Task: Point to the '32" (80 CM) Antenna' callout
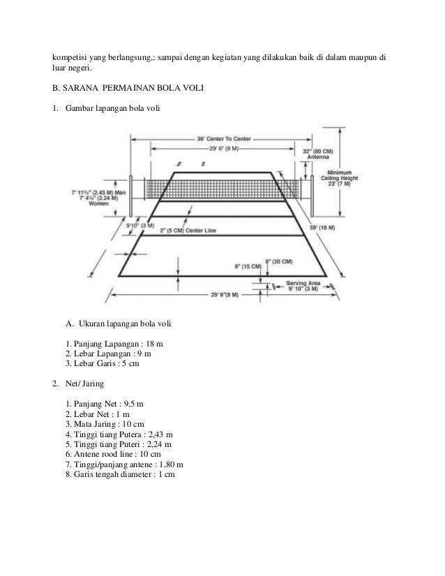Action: [x=318, y=154]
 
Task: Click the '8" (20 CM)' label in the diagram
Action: [x=278, y=261]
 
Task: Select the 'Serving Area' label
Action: [x=303, y=284]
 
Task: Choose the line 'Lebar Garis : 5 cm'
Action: [x=109, y=364]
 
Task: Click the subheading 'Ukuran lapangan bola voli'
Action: [x=125, y=324]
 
